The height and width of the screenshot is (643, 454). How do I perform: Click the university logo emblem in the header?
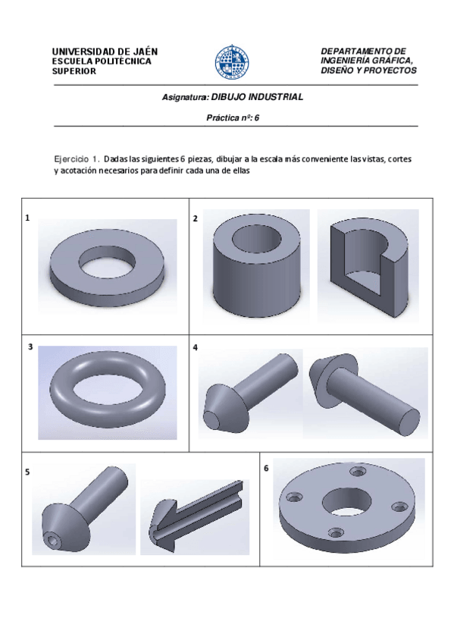pos(232,61)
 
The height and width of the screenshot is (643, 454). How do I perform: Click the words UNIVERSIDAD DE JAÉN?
pos(105,52)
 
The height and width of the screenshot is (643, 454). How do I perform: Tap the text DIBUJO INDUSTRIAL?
pos(258,97)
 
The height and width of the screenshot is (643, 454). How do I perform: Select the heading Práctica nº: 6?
pos(233,118)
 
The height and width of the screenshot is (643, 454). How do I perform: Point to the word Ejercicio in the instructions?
pos(71,158)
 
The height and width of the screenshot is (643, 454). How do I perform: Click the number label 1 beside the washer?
pos(27,218)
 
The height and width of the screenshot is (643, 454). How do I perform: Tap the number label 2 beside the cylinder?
pos(196,218)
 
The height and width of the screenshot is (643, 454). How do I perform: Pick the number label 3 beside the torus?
pos(30,347)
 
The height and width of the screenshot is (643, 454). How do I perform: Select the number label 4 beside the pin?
pos(196,347)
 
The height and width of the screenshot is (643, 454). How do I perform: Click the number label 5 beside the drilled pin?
pos(27,472)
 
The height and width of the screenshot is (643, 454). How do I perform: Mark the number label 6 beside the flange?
pos(266,468)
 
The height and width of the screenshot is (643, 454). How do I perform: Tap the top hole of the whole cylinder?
pos(257,238)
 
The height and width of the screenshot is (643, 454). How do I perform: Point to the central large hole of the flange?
pos(346,502)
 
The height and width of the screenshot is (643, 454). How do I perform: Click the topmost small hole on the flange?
pos(358,472)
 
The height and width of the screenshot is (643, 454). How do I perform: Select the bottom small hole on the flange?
pos(336,533)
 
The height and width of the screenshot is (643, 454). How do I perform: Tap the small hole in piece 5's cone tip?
pos(53,541)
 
